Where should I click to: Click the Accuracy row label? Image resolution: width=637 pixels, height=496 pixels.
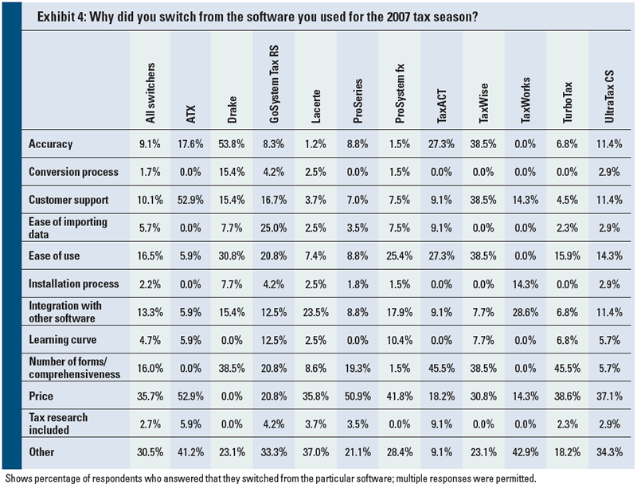pyautogui.click(x=50, y=144)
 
